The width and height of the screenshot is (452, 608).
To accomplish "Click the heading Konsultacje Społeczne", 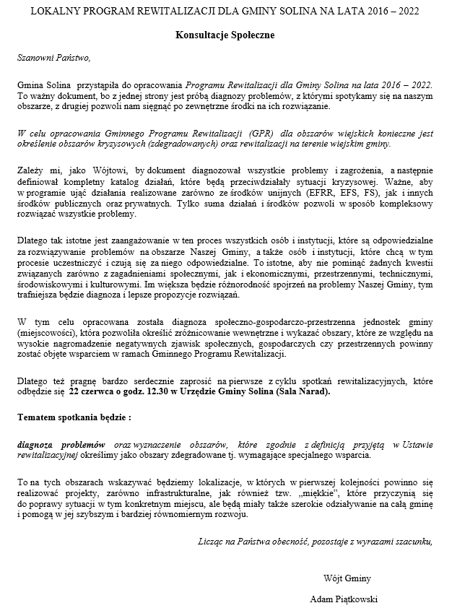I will pos(225,35).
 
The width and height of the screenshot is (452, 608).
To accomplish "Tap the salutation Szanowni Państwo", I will pos(55,58).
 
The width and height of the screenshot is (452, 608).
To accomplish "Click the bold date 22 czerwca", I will pos(93,391).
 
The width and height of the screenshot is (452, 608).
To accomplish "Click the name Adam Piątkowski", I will pos(344,599).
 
